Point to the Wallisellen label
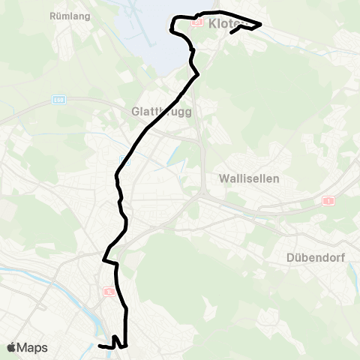tap(249, 178)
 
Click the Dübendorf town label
tap(314, 259)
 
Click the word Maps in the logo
tap(33, 347)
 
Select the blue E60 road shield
tap(58, 99)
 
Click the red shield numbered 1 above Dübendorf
tap(328, 201)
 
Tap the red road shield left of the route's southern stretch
tap(109, 290)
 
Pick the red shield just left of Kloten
tap(196, 22)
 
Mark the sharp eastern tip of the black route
tap(260, 25)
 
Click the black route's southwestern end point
tap(100, 346)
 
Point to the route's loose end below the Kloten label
tap(229, 33)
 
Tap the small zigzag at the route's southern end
tap(115, 343)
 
